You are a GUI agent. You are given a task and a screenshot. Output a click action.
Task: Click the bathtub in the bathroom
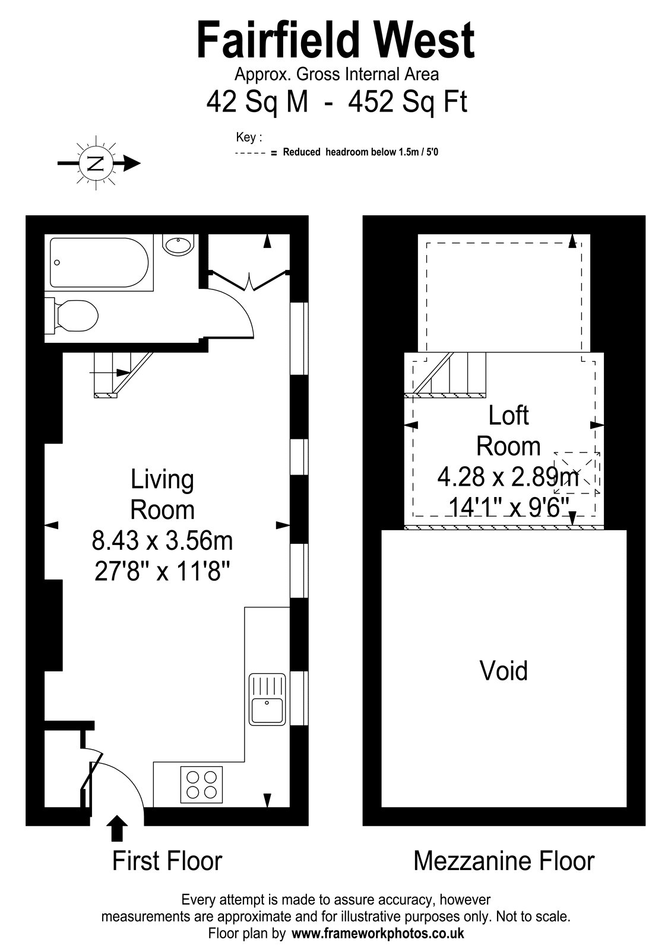click(x=99, y=263)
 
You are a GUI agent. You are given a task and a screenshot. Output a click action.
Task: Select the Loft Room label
click(x=508, y=431)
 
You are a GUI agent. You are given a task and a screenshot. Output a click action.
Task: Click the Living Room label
click(x=163, y=494)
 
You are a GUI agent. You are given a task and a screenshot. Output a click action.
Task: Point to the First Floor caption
click(x=167, y=862)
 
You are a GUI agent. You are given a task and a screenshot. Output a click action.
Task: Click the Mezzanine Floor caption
click(x=504, y=862)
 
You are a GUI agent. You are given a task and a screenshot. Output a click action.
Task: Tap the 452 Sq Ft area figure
click(x=407, y=102)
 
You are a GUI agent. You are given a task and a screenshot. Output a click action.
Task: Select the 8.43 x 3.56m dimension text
click(x=163, y=540)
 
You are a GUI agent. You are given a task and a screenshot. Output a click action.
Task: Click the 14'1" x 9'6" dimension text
click(x=508, y=507)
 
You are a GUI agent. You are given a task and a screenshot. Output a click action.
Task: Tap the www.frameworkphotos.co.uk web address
click(x=378, y=934)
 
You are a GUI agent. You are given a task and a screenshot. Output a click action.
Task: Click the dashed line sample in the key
click(x=251, y=153)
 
